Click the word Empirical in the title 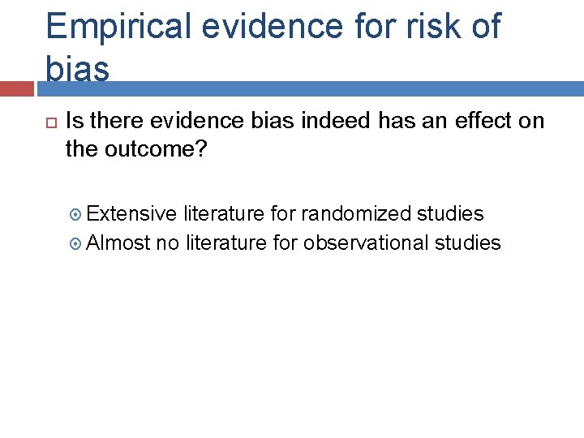point(118,27)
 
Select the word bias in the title point(78,68)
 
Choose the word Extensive point(131,213)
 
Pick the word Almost point(118,243)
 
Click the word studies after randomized point(450,213)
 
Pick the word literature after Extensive point(224,213)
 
